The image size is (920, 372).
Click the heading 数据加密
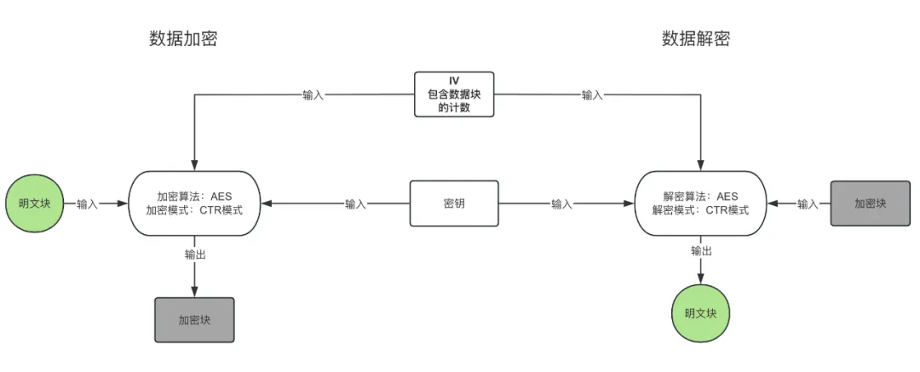183,38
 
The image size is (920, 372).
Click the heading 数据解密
695,38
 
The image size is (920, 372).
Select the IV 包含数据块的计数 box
454,94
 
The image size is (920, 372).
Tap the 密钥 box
454,203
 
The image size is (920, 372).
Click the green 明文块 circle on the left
35,203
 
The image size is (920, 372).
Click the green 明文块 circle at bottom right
700,312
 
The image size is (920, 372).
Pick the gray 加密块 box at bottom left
194,320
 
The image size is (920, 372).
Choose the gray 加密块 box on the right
871,203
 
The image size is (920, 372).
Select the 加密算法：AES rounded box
194,203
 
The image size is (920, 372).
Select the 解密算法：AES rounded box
700,203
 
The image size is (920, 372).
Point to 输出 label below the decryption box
701,250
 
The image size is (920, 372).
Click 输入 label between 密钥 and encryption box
356,204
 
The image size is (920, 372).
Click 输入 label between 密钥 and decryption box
561,204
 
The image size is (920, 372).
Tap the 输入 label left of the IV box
313,94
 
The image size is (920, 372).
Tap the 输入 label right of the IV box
592,94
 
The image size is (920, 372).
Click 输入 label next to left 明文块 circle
87,204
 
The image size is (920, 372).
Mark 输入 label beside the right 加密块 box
808,204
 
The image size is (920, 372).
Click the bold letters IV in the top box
454,81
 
